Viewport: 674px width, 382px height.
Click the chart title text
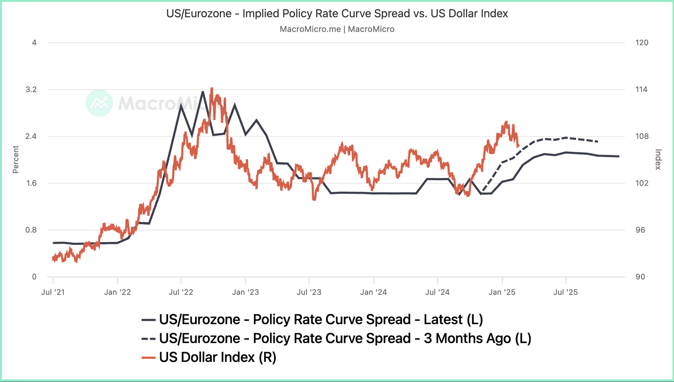click(x=337, y=13)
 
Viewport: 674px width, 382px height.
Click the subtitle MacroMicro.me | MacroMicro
click(x=337, y=29)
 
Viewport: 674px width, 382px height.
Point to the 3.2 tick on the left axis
click(x=31, y=89)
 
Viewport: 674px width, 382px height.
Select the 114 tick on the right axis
click(x=641, y=89)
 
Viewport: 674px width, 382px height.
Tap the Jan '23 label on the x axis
click(x=245, y=292)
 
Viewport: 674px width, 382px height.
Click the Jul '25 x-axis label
click(x=565, y=292)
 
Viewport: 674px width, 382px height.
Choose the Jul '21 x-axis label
click(x=53, y=292)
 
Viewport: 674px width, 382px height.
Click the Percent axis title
click(x=16, y=160)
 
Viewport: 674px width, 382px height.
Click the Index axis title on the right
click(x=658, y=160)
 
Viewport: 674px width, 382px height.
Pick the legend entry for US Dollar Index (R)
click(x=217, y=357)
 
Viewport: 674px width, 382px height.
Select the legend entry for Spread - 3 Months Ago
click(x=345, y=338)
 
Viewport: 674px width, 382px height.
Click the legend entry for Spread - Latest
click(x=321, y=320)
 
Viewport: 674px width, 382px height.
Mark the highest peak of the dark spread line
click(x=202, y=92)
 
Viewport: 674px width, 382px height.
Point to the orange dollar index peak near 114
click(x=212, y=89)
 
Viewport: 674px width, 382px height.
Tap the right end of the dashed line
click(x=598, y=142)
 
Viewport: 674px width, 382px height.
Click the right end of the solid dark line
click(x=619, y=156)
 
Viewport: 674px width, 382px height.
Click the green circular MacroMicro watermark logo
click(x=99, y=103)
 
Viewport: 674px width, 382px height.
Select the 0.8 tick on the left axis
click(x=31, y=230)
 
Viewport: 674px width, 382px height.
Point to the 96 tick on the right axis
click(x=640, y=230)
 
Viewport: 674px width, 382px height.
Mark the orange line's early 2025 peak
click(x=506, y=122)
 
